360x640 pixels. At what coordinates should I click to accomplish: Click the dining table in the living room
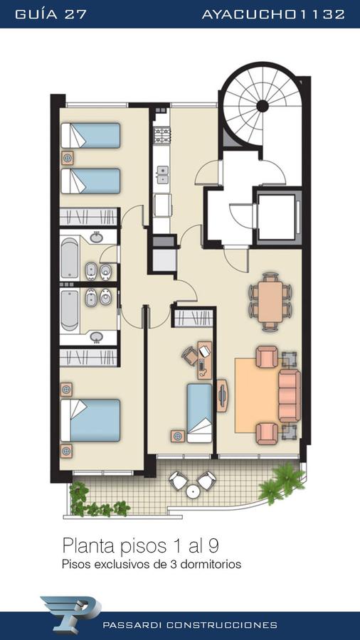(x=270, y=302)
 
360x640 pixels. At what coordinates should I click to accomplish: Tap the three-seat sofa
(x=290, y=395)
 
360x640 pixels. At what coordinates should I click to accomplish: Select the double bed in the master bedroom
(x=90, y=420)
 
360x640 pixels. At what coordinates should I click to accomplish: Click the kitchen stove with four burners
(x=162, y=135)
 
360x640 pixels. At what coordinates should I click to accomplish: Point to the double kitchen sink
(x=162, y=175)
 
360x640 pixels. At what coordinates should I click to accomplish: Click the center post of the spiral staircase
(x=263, y=106)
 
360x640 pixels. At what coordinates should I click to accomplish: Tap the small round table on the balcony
(x=192, y=491)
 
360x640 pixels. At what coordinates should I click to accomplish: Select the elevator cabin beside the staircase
(x=277, y=217)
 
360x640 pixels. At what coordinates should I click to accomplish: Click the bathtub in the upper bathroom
(x=70, y=257)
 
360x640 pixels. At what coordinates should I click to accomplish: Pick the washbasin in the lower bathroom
(x=96, y=337)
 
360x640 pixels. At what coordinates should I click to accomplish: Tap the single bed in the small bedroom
(x=200, y=412)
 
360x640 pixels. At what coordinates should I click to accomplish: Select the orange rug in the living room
(x=256, y=395)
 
